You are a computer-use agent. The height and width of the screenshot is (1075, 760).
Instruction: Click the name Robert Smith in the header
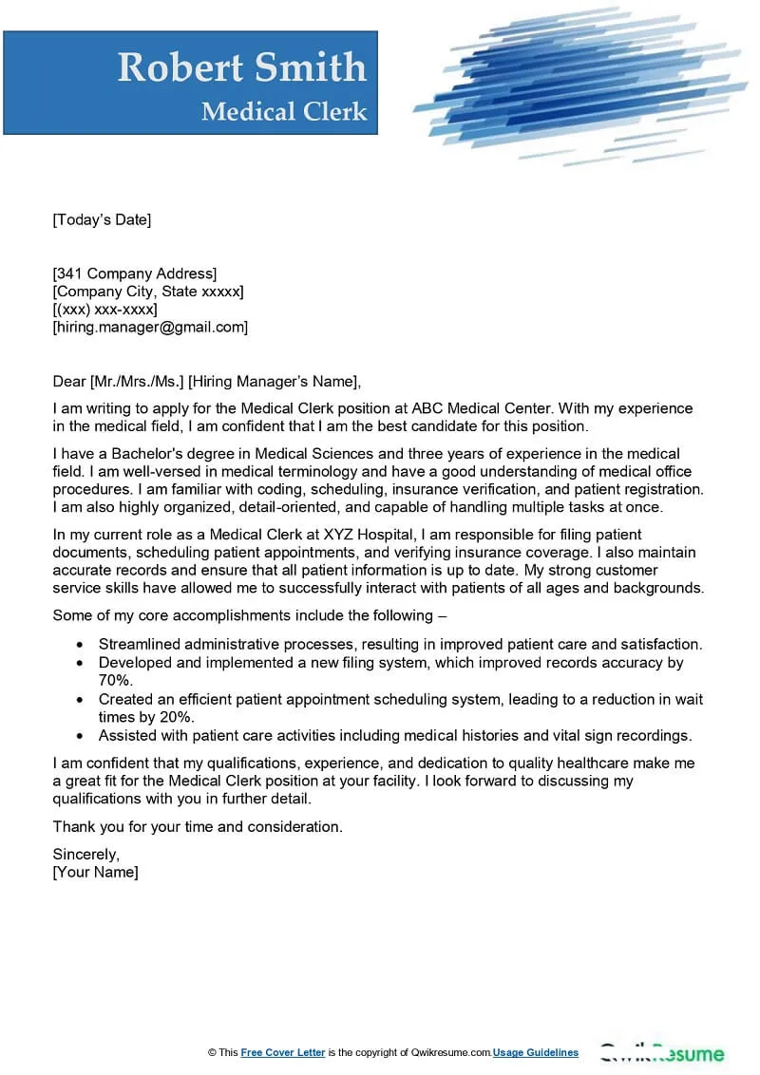(x=241, y=67)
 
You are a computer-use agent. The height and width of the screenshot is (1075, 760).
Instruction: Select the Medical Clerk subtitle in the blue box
(x=283, y=111)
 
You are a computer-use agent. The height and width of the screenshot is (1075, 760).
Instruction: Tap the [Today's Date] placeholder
(x=102, y=220)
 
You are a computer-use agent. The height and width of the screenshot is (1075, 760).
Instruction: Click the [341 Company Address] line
(x=134, y=274)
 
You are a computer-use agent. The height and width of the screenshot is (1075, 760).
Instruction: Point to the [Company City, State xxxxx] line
(x=147, y=292)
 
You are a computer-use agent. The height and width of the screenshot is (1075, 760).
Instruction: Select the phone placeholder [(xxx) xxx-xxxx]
(x=104, y=310)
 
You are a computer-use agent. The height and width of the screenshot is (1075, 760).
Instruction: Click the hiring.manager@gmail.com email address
(x=150, y=327)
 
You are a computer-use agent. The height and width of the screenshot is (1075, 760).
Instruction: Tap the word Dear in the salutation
(x=68, y=383)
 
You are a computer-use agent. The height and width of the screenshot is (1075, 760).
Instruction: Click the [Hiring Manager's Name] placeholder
(x=275, y=383)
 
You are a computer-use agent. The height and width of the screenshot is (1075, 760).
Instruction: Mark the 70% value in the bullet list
(x=116, y=681)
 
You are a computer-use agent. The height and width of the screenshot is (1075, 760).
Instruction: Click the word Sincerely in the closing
(x=85, y=854)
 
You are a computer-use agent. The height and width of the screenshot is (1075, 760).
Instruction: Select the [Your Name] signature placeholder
(x=95, y=872)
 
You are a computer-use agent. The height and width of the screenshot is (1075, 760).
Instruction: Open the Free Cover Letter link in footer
(x=283, y=1052)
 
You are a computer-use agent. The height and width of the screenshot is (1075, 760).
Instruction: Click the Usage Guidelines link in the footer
(x=536, y=1052)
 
